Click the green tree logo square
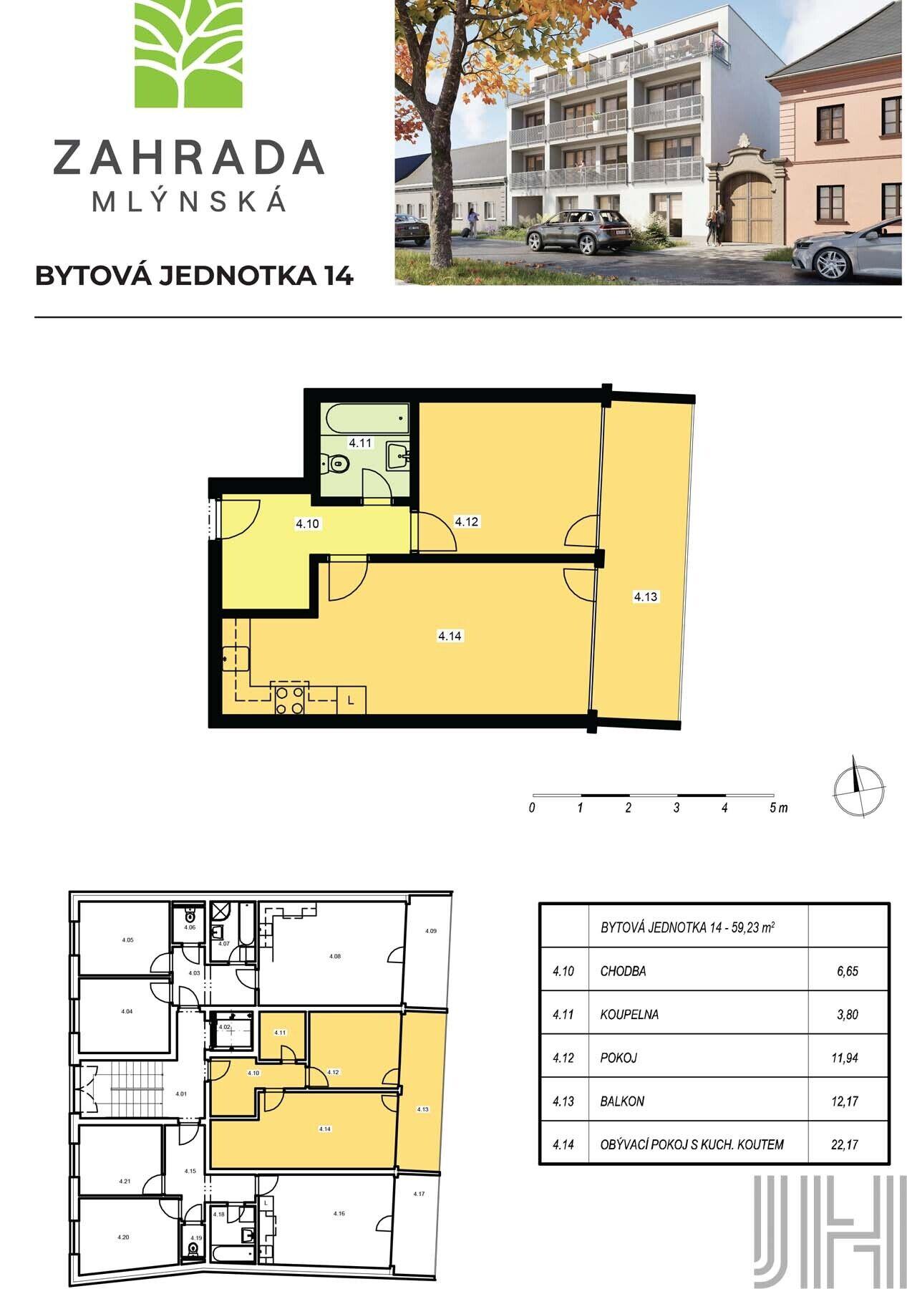point(189,54)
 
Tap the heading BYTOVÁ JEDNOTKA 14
point(194,276)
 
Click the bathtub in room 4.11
point(364,417)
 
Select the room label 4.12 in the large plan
point(466,522)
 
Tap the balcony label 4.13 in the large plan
point(645,596)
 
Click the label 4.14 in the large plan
point(450,635)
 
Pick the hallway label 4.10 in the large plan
point(307,524)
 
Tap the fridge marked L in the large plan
point(351,700)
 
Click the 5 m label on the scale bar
point(778,808)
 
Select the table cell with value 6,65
point(848,972)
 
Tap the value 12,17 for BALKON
point(848,1101)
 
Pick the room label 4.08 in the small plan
point(335,956)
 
